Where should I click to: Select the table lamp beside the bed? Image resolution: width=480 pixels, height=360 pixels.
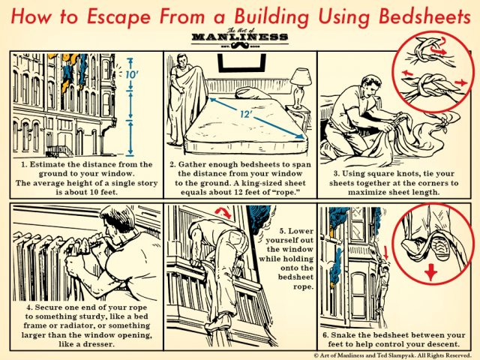tap(301, 82)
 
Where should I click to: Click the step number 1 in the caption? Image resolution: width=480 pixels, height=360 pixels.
tap(24, 163)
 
